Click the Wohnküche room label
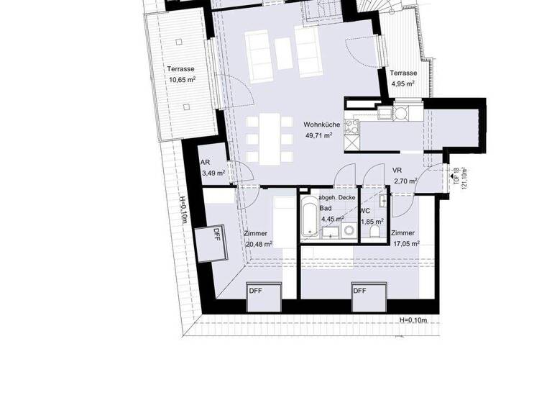tap(321, 125)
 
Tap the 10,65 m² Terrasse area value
tap(181, 81)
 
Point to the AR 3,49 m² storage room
tap(213, 168)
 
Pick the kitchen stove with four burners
tap(353, 127)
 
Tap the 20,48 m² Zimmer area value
tap(258, 244)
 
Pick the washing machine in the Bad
tap(349, 231)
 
